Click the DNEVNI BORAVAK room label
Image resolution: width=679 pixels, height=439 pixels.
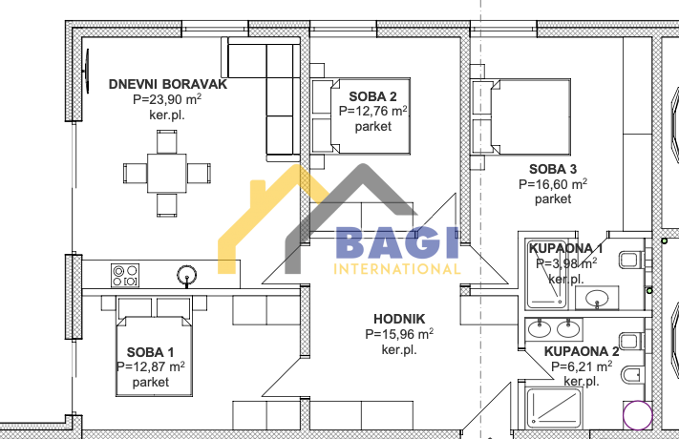[167, 84]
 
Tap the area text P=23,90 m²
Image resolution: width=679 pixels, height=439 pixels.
[167, 99]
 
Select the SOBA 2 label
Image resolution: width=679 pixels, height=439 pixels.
[372, 96]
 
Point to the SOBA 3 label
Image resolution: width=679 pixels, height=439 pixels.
[553, 169]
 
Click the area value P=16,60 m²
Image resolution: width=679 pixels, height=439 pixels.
[553, 184]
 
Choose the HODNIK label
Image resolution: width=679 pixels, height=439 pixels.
[399, 319]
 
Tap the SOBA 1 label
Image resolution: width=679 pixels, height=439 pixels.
[150, 352]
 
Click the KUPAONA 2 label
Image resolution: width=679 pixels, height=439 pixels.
[582, 351]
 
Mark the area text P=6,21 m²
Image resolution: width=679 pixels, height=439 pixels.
[582, 366]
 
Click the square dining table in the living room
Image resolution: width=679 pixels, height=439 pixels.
[167, 173]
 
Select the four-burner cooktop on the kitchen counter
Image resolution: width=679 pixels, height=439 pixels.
[125, 276]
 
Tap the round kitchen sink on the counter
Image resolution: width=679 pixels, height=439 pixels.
[186, 275]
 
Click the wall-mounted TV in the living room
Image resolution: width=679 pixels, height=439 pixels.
[87, 71]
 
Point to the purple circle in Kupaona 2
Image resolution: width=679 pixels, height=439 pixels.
[637, 415]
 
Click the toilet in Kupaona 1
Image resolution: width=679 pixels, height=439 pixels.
[630, 261]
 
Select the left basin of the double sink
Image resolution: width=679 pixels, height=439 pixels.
[540, 328]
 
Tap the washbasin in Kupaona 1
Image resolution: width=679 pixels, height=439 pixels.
[597, 299]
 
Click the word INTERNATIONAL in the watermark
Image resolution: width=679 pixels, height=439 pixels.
[396, 269]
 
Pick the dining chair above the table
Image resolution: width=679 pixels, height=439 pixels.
[167, 142]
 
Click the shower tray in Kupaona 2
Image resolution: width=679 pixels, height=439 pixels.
[554, 407]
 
